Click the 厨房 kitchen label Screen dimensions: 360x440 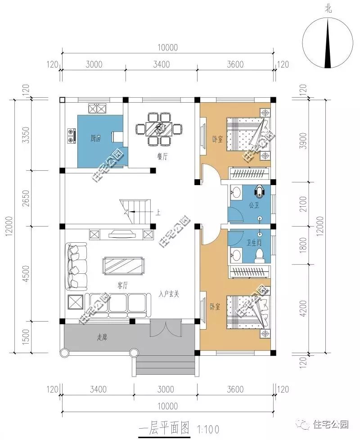tap(95, 138)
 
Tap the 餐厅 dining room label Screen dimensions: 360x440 tap(162, 156)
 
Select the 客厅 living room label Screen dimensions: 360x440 tap(122, 286)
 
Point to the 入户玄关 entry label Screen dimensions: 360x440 tap(169, 294)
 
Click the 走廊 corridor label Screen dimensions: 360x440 tap(102, 337)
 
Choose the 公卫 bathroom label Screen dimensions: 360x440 tap(254, 205)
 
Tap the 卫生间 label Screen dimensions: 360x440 tap(254, 242)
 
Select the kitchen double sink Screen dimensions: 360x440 tap(98, 108)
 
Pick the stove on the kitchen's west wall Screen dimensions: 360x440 tap(72, 135)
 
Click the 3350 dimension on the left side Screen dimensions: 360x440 tap(26, 135)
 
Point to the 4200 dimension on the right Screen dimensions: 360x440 tap(303, 308)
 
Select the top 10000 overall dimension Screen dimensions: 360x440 tap(168, 47)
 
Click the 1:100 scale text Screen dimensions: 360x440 tap(208, 429)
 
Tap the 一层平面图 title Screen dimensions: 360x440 tap(164, 428)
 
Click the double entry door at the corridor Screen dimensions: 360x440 tap(166, 327)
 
